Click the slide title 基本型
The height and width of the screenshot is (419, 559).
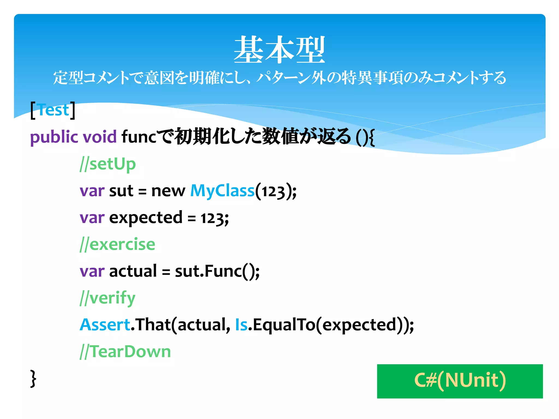[279, 50]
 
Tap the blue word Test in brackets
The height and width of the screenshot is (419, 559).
[53, 110]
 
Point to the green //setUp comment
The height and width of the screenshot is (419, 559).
[108, 164]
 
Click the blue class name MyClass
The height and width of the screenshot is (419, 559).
[222, 190]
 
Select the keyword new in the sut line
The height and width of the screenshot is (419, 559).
[168, 190]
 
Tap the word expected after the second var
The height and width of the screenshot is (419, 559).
[146, 217]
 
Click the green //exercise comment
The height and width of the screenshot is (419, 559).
[117, 244]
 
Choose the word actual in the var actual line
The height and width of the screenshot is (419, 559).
[133, 271]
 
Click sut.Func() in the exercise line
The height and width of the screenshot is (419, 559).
[217, 271]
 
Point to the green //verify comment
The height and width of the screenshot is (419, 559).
[108, 298]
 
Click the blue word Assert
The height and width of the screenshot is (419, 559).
[105, 325]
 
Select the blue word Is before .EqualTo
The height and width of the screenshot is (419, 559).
[241, 325]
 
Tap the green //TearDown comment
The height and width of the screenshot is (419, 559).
[125, 351]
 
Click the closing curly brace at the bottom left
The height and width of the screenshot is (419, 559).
[33, 379]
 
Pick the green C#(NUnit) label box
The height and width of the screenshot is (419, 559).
[460, 381]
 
